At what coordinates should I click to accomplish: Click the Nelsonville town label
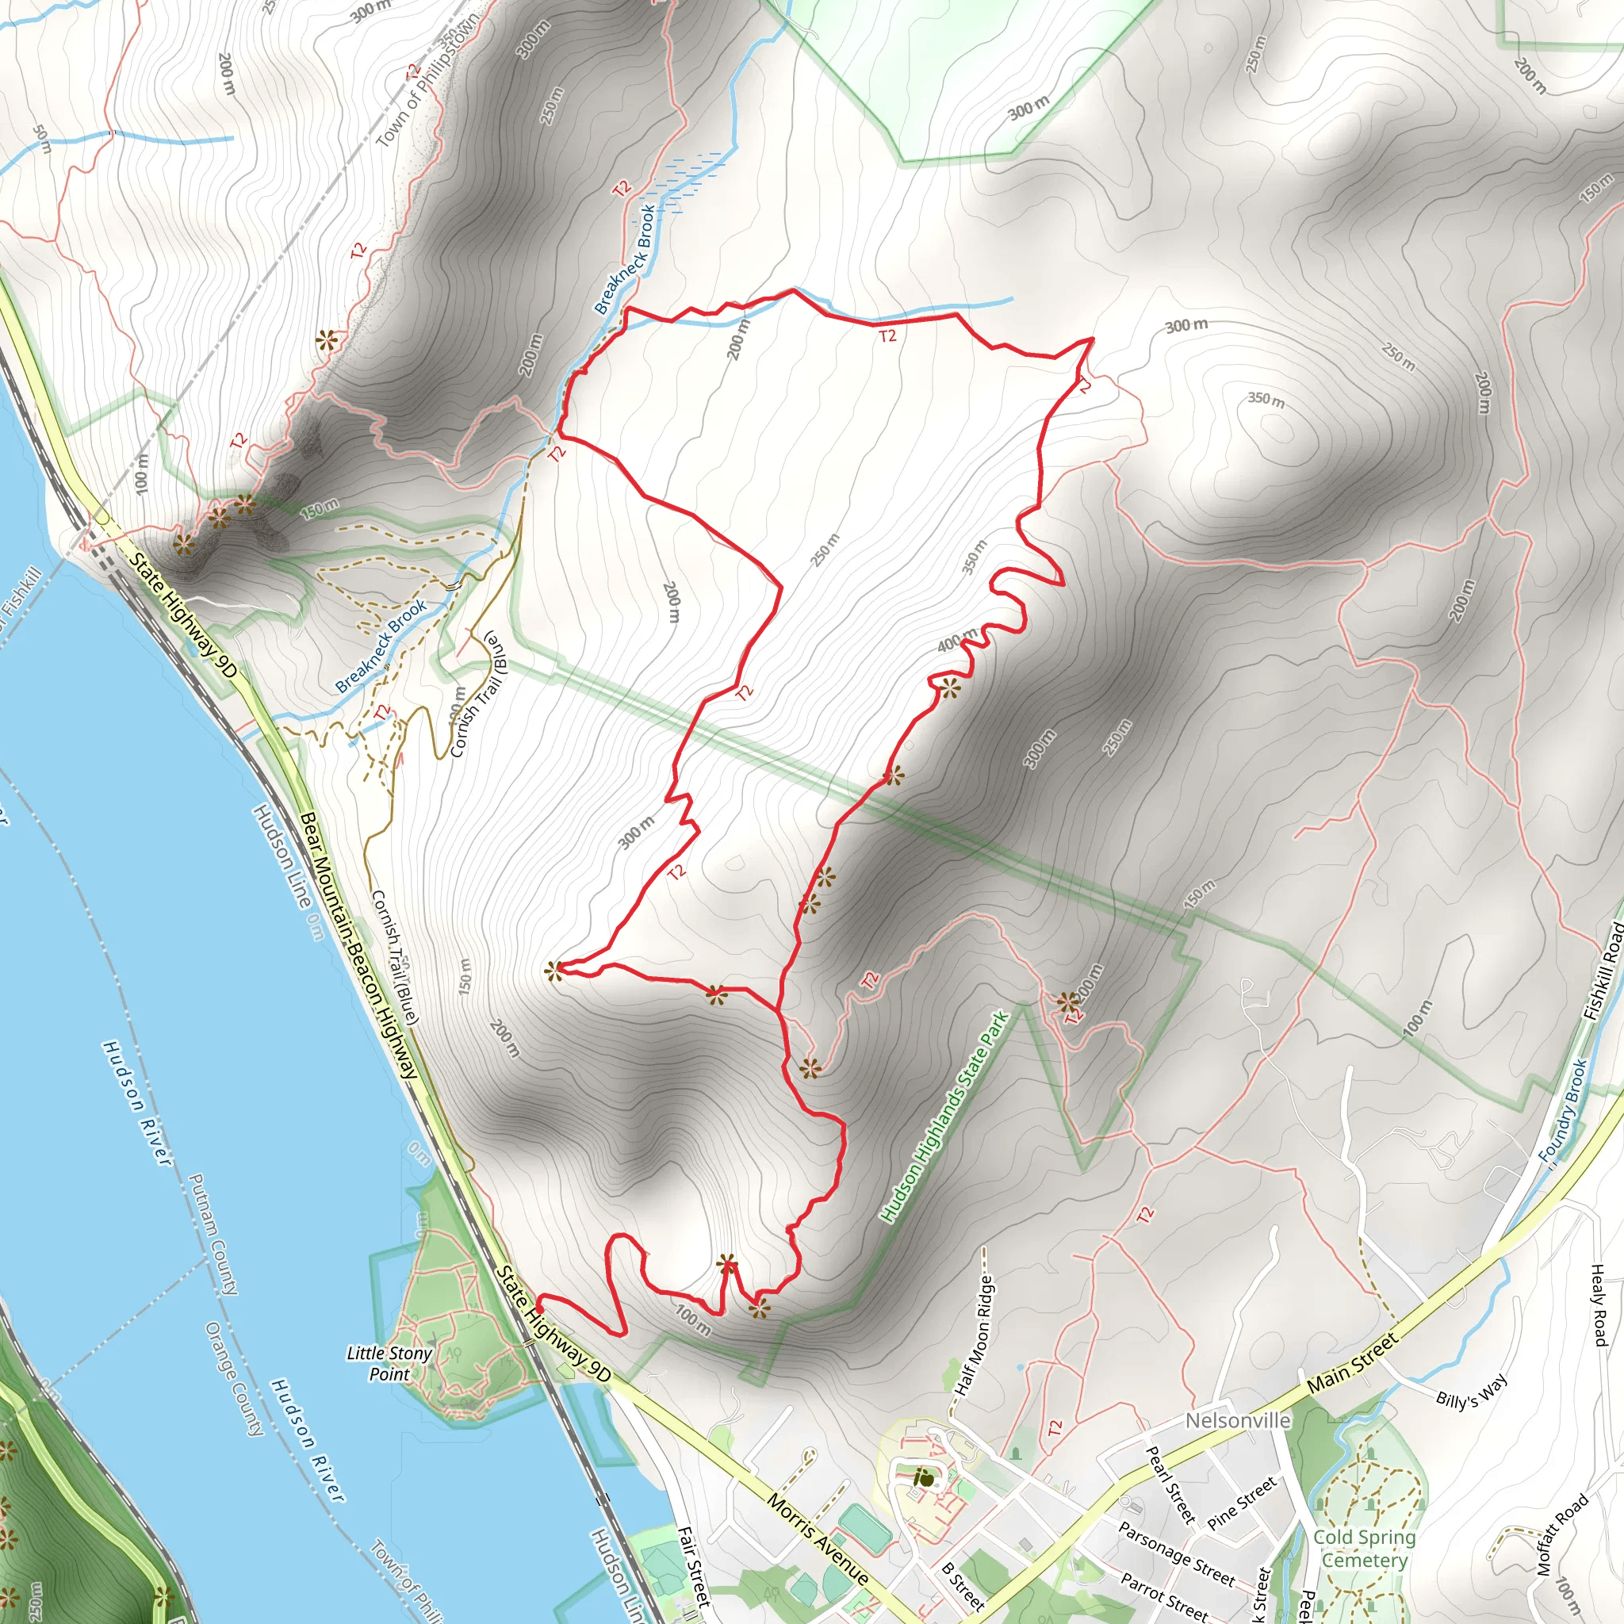pos(1237,1420)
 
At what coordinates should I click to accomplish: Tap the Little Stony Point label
pos(389,1363)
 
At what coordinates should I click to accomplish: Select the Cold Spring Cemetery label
pos(1364,1549)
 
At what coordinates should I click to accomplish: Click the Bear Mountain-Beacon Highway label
pos(359,946)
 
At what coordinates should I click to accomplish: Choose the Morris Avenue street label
pos(818,1541)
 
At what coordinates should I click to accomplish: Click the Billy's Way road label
pos(1471,1391)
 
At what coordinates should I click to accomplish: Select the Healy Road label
pos(1599,1305)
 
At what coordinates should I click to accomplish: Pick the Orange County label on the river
pos(235,1378)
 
